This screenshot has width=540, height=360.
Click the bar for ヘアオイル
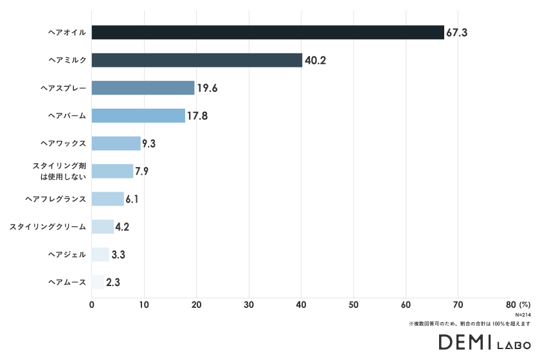pos(267,33)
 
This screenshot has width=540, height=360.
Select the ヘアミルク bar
pos(197,60)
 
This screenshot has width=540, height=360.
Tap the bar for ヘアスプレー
pos(143,88)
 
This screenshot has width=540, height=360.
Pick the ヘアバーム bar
pos(138,116)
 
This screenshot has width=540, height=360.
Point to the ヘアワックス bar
pos(116,143)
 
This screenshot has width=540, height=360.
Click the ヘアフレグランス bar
pos(108,199)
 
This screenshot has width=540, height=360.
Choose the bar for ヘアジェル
pos(101,255)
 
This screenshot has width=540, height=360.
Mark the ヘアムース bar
pos(98,282)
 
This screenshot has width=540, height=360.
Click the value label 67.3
pos(456,33)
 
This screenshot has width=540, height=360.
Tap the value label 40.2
pos(315,60)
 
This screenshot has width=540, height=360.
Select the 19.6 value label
pos(206,88)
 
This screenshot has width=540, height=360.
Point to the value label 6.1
pos(132,199)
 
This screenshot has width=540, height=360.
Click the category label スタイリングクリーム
pos(48,227)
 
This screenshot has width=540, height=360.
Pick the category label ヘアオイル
pos(67,33)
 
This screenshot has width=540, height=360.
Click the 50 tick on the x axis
pos(354,304)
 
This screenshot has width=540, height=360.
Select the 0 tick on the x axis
pos(92,304)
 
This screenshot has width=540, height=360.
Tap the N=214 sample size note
pos(522,315)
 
